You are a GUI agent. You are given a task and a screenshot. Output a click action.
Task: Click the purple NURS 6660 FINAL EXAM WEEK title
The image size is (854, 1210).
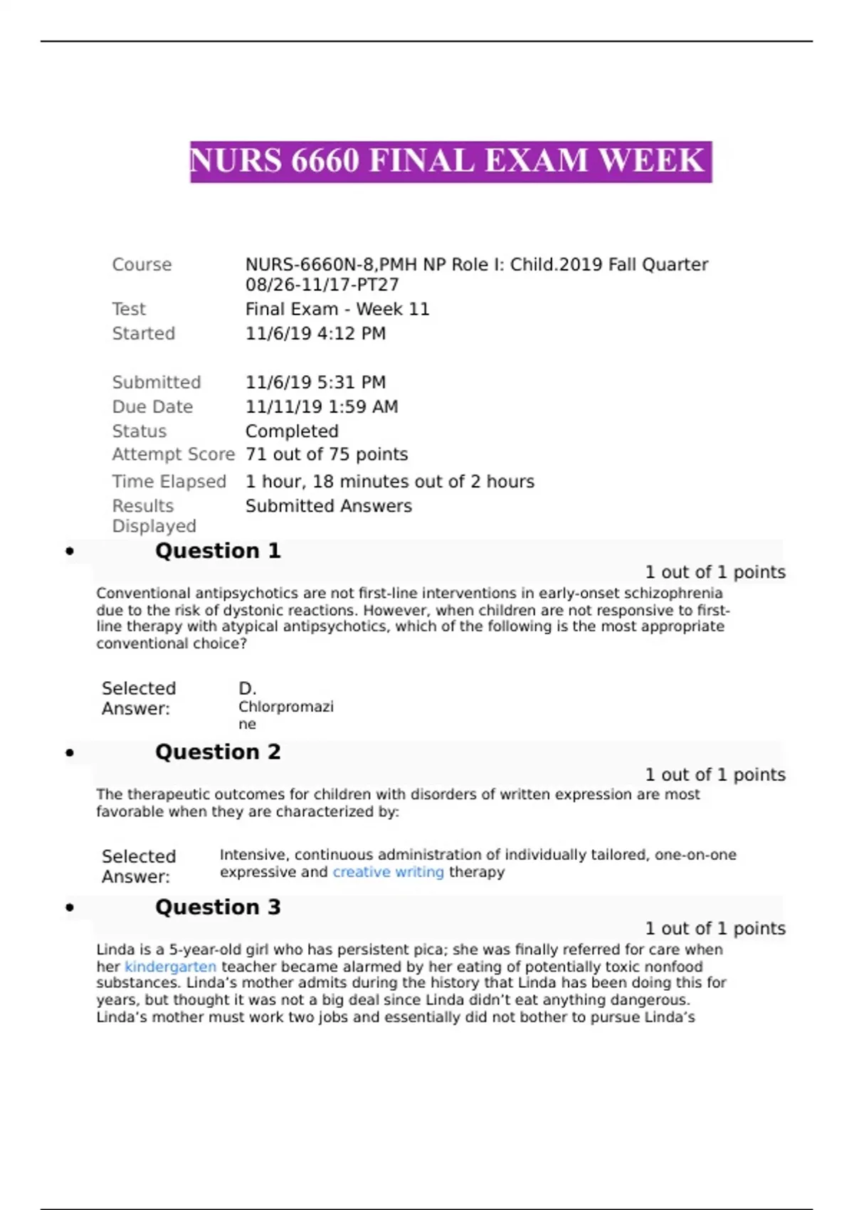coord(450,162)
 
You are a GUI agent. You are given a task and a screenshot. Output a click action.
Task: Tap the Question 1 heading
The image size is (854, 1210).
coord(218,551)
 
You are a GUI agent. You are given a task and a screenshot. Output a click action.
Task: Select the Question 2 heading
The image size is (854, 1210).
coord(218,752)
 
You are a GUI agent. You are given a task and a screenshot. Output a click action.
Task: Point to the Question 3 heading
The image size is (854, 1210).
coord(218,907)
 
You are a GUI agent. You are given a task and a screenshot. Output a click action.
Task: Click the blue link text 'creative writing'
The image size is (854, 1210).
coord(388,873)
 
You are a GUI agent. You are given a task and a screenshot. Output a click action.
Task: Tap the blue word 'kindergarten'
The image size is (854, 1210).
coord(170,967)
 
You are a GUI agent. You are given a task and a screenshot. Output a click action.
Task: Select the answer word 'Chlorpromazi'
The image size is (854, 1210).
coord(285,707)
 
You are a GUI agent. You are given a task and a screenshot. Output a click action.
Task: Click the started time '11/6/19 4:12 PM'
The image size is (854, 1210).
coord(315,334)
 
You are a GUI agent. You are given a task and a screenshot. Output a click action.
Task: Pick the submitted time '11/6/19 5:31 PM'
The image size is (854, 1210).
coord(315,382)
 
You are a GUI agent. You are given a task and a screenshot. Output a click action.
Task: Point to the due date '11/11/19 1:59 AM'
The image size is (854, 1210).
coord(322,407)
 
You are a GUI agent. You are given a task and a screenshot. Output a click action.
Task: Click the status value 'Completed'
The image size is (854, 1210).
coord(292,431)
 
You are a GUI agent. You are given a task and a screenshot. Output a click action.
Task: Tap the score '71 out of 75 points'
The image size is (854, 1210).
coord(327,455)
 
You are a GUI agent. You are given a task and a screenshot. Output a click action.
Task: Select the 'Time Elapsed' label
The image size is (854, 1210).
coord(169,482)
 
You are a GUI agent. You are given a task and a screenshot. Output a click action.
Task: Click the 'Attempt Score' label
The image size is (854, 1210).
coord(173,455)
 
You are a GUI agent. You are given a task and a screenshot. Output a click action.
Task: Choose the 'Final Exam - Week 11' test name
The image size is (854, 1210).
coord(337,310)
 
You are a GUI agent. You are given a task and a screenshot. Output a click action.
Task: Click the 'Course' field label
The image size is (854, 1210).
coord(142,265)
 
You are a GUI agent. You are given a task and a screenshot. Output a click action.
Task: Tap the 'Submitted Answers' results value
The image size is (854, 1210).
coord(328,506)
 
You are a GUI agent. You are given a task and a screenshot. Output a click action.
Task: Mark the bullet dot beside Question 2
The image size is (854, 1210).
coord(70,753)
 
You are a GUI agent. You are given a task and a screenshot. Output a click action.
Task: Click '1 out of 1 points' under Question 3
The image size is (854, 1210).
coord(715,929)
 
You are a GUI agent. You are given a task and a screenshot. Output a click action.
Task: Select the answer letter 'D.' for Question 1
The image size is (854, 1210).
coord(247,689)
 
